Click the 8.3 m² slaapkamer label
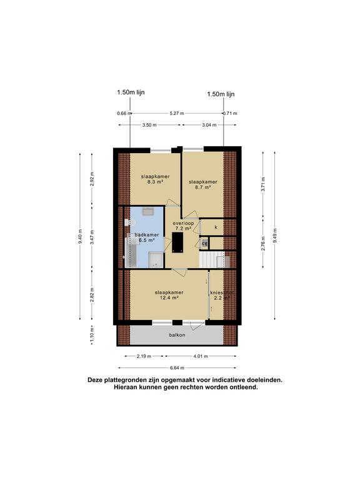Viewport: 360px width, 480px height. (x=152, y=179)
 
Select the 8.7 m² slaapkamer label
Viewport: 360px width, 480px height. (x=202, y=184)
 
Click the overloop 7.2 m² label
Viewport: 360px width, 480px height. (x=182, y=226)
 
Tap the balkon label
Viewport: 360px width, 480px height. (x=176, y=335)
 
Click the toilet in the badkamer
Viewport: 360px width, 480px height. (x=129, y=222)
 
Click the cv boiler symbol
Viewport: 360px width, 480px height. (x=204, y=242)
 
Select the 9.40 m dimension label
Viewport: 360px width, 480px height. (x=80, y=238)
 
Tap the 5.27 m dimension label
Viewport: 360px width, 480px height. (x=176, y=113)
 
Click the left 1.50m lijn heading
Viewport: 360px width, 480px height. (x=130, y=94)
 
